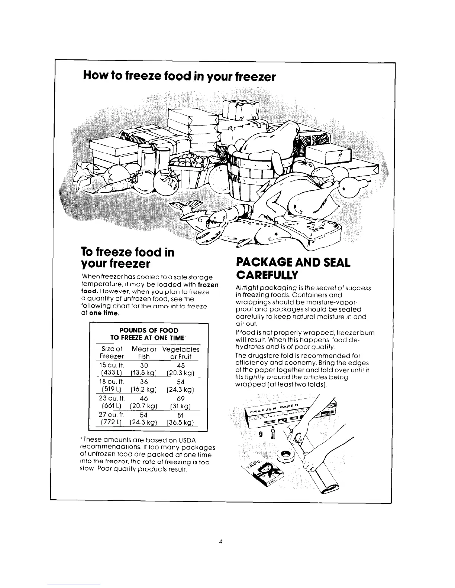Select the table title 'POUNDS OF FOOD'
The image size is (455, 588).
pyautogui.click(x=148, y=330)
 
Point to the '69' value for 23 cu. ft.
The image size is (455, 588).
pyautogui.click(x=181, y=399)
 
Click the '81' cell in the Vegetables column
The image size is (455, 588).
pyautogui.click(x=181, y=415)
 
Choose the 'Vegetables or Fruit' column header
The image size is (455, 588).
pyautogui.click(x=181, y=353)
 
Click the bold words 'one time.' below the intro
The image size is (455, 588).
pyautogui.click(x=106, y=313)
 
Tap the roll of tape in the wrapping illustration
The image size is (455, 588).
pyautogui.click(x=286, y=454)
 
